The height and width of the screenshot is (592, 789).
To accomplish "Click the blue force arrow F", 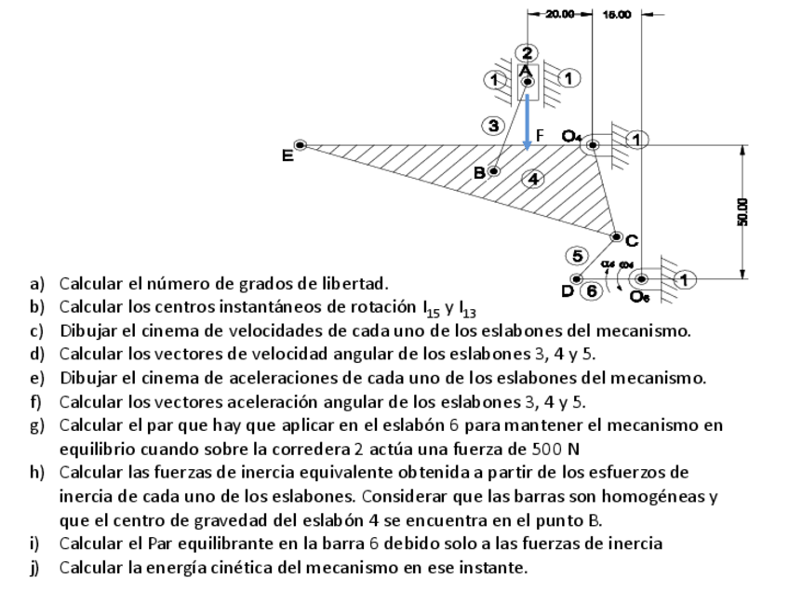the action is click(x=528, y=121).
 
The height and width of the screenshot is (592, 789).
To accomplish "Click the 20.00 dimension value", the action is click(x=560, y=14).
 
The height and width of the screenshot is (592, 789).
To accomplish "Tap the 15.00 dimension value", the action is click(x=616, y=14).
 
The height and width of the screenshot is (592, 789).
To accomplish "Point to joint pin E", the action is click(x=300, y=145).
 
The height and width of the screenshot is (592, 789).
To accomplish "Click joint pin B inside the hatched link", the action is click(x=494, y=170).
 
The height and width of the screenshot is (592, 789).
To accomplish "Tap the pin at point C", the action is click(x=616, y=237).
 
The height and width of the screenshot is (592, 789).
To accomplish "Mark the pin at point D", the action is click(x=577, y=278).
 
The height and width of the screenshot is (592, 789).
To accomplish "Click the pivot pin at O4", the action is click(x=593, y=145).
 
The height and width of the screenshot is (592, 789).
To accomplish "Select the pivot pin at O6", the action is click(x=641, y=278).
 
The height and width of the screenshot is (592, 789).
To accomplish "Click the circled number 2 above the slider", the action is click(x=528, y=52).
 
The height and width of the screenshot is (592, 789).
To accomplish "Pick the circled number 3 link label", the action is click(x=494, y=125).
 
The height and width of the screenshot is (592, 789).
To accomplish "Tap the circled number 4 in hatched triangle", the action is click(x=532, y=179).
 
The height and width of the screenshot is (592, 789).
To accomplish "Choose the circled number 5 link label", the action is click(x=577, y=255).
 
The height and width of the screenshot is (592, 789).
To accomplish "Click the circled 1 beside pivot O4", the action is click(x=637, y=140).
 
